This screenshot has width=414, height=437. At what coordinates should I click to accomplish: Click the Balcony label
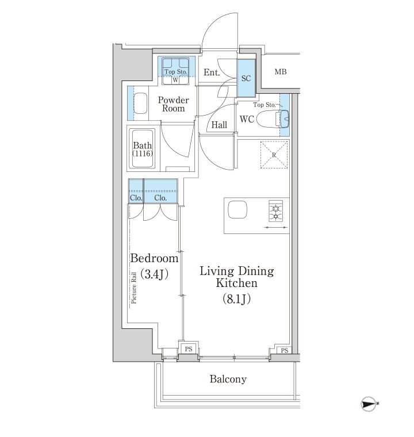click(228, 379)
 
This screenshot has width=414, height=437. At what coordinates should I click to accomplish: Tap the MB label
click(281, 72)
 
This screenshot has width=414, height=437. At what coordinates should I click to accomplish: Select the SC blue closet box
click(246, 78)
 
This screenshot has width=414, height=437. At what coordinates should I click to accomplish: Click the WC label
click(247, 119)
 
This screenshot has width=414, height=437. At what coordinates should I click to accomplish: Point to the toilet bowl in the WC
click(268, 119)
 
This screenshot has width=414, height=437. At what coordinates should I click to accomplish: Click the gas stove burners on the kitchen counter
click(276, 211)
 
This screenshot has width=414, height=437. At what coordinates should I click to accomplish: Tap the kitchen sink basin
click(238, 209)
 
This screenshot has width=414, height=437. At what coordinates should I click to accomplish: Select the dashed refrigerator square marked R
click(274, 155)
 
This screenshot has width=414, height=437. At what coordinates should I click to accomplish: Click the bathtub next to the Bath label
click(143, 148)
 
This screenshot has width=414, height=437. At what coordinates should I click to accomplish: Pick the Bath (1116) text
click(143, 149)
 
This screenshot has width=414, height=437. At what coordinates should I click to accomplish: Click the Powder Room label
click(174, 104)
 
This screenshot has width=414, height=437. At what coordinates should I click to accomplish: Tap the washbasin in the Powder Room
click(140, 103)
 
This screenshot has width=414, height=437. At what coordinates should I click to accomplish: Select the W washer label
click(175, 80)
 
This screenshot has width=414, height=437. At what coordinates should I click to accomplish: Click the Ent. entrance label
click(212, 72)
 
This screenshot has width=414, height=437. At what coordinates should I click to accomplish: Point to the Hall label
click(219, 125)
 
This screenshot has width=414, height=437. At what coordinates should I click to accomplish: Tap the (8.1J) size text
click(236, 299)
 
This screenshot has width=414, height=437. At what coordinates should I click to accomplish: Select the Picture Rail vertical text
click(134, 287)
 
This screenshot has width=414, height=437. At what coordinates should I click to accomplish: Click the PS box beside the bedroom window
click(189, 349)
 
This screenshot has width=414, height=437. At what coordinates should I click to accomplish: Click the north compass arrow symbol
click(369, 403)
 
